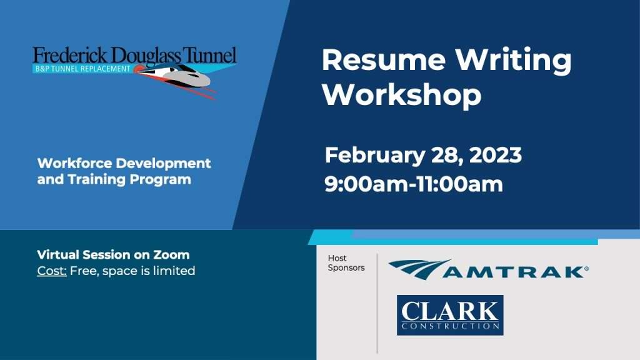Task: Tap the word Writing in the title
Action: [x=514, y=61]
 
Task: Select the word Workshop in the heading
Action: [x=402, y=95]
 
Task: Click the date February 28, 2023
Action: [x=423, y=156]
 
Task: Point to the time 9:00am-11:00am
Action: [x=414, y=184]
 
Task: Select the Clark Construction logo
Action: [x=450, y=315]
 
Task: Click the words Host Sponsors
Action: [x=346, y=263]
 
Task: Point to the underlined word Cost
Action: [x=52, y=271]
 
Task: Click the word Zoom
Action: [x=171, y=255]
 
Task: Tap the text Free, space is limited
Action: [x=132, y=271]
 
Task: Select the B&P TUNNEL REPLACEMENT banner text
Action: [x=83, y=69]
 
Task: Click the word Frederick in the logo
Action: [x=70, y=56]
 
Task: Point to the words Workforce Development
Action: [x=124, y=163]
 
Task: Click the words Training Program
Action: [x=129, y=179]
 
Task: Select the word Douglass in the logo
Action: [x=145, y=57]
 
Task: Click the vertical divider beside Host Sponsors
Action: [x=377, y=303]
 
